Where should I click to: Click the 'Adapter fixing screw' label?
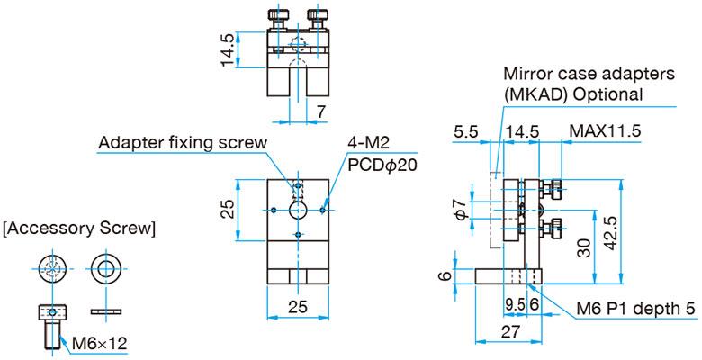[182, 142]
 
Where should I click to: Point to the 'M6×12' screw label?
[98, 342]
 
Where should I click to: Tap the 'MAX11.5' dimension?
[605, 131]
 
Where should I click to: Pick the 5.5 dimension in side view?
[467, 131]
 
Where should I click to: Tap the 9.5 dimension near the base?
[516, 303]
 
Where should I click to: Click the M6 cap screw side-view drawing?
[53, 327]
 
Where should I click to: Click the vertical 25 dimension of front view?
[229, 209]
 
